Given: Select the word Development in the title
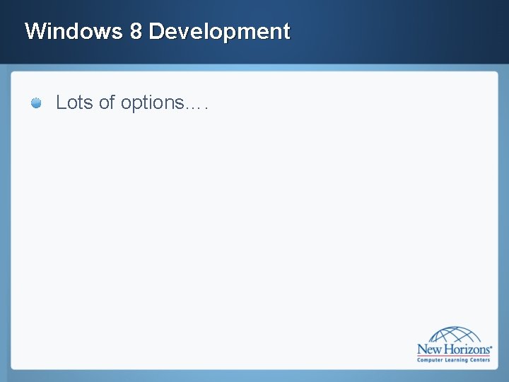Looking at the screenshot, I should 220,31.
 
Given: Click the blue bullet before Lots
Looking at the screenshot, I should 36,103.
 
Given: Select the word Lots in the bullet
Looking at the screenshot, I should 75,103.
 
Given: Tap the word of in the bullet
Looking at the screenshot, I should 107,103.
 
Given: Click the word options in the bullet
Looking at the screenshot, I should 151,103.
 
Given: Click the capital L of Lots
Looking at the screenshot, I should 61,103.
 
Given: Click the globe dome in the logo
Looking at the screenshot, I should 454,335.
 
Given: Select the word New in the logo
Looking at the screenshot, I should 430,349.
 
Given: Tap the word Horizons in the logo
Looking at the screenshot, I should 467,349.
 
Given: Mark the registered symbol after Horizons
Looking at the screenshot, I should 491,346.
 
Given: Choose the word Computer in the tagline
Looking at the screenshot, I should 430,361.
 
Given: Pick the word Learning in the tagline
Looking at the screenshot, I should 456,361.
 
